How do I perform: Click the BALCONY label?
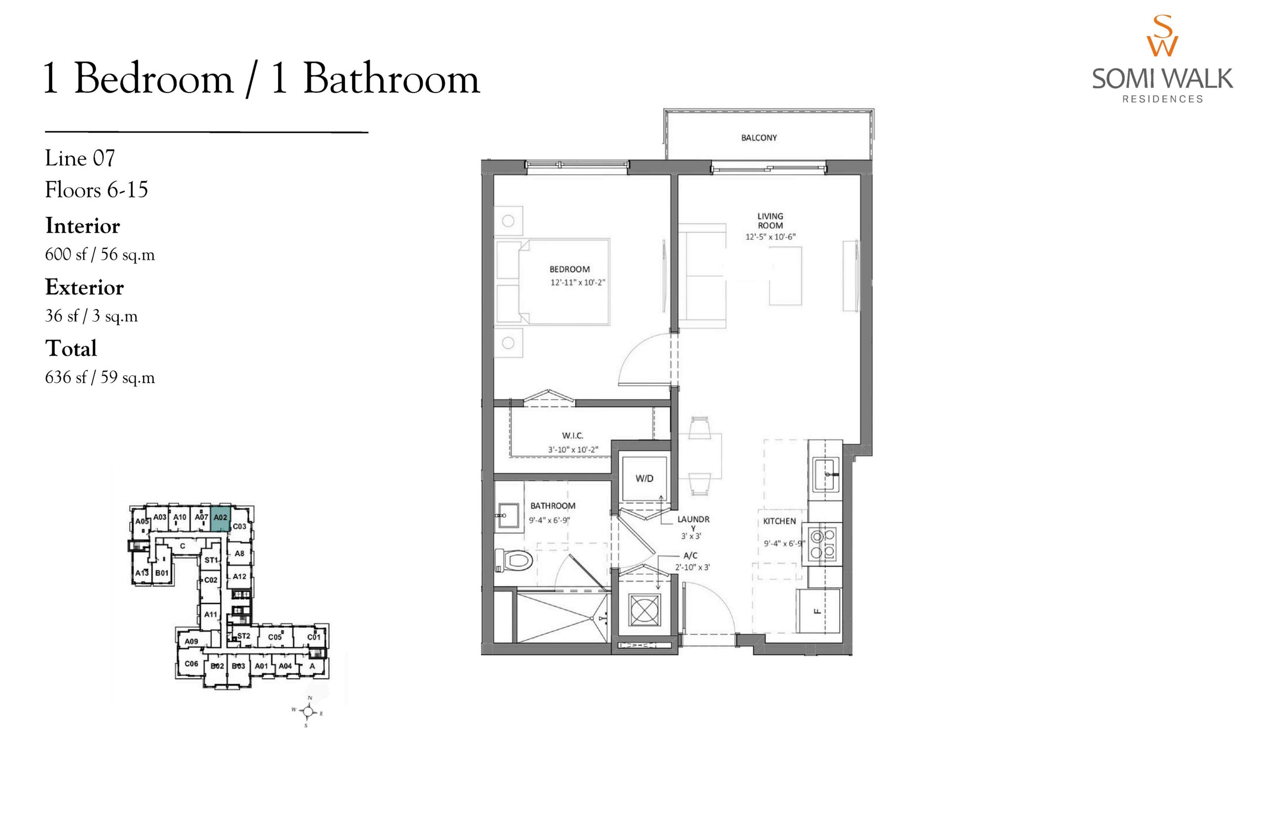click(759, 138)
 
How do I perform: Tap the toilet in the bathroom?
click(513, 560)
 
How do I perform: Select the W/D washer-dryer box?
click(644, 478)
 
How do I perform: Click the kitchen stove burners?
click(822, 544)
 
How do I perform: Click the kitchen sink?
click(826, 474)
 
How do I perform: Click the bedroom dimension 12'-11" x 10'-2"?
click(578, 282)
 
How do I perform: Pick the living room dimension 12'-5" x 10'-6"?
click(770, 237)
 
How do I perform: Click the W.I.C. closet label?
click(572, 436)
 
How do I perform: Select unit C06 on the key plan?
click(191, 663)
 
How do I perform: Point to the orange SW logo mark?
click(1162, 35)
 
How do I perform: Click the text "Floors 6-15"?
click(97, 190)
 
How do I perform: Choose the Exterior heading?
click(84, 287)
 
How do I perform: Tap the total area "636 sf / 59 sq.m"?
click(100, 377)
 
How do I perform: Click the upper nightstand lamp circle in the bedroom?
click(508, 221)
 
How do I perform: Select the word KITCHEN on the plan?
click(779, 521)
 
